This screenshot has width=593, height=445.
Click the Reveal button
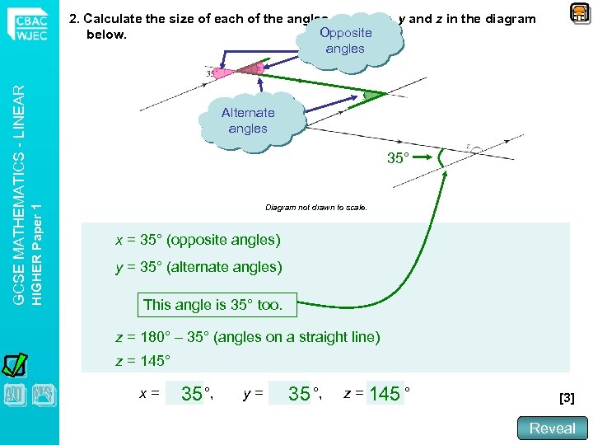(x=552, y=428)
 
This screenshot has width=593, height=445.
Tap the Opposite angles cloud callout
(x=345, y=40)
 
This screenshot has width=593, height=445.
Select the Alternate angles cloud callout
(x=248, y=120)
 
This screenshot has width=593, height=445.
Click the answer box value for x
(x=191, y=394)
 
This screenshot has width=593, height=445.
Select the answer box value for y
(x=299, y=394)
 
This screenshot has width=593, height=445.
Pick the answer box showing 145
(x=385, y=394)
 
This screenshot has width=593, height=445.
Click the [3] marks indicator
(x=567, y=398)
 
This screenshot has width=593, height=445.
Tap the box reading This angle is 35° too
(x=212, y=304)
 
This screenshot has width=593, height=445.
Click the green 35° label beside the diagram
(x=398, y=157)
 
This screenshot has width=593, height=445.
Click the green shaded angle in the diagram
(x=373, y=96)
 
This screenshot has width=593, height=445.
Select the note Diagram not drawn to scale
(x=316, y=207)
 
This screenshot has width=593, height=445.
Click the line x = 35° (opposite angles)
(x=198, y=241)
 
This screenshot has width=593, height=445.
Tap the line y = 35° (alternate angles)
(x=198, y=267)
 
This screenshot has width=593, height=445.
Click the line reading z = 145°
(x=142, y=361)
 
